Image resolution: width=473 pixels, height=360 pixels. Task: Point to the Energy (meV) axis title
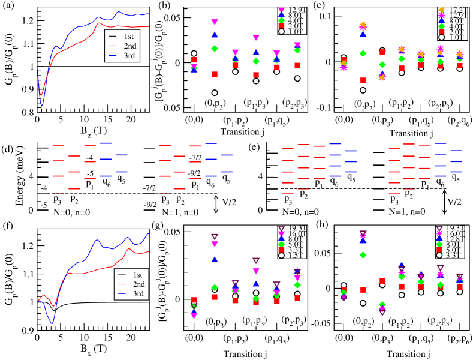point(7,176)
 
